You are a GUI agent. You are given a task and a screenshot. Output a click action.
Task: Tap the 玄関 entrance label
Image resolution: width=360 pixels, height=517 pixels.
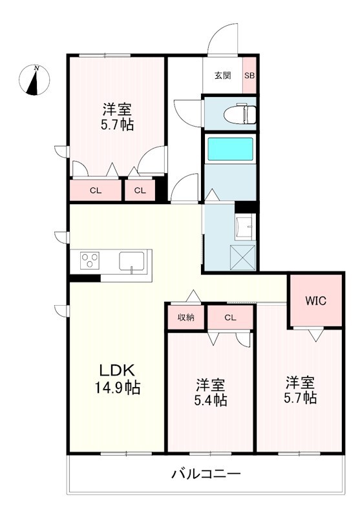pos(222,75)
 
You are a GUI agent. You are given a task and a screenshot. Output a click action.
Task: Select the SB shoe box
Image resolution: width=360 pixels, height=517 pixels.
pos(249,75)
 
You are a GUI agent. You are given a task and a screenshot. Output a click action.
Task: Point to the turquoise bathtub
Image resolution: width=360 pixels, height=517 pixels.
pos(229,149)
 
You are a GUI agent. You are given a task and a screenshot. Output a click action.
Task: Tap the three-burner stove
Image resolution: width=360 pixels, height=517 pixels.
pos(90,262)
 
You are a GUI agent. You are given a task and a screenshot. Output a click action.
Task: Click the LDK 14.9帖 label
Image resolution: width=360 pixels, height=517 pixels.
pos(116,379)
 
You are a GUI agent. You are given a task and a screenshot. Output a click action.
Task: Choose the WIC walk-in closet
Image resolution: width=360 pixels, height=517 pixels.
pos(315,301)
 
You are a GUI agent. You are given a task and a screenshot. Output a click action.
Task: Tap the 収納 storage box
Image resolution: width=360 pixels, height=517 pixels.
pos(185,317)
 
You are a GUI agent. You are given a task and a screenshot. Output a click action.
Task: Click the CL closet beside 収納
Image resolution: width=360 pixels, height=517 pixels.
pos(230,317)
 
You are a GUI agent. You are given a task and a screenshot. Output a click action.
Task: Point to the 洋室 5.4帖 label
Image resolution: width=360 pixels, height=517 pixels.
pos(211,392)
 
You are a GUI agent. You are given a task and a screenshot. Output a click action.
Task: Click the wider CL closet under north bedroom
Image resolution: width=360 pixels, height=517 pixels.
pos(96,190)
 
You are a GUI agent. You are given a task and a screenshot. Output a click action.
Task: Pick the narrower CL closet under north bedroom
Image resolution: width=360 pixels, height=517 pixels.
pos(140,190)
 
